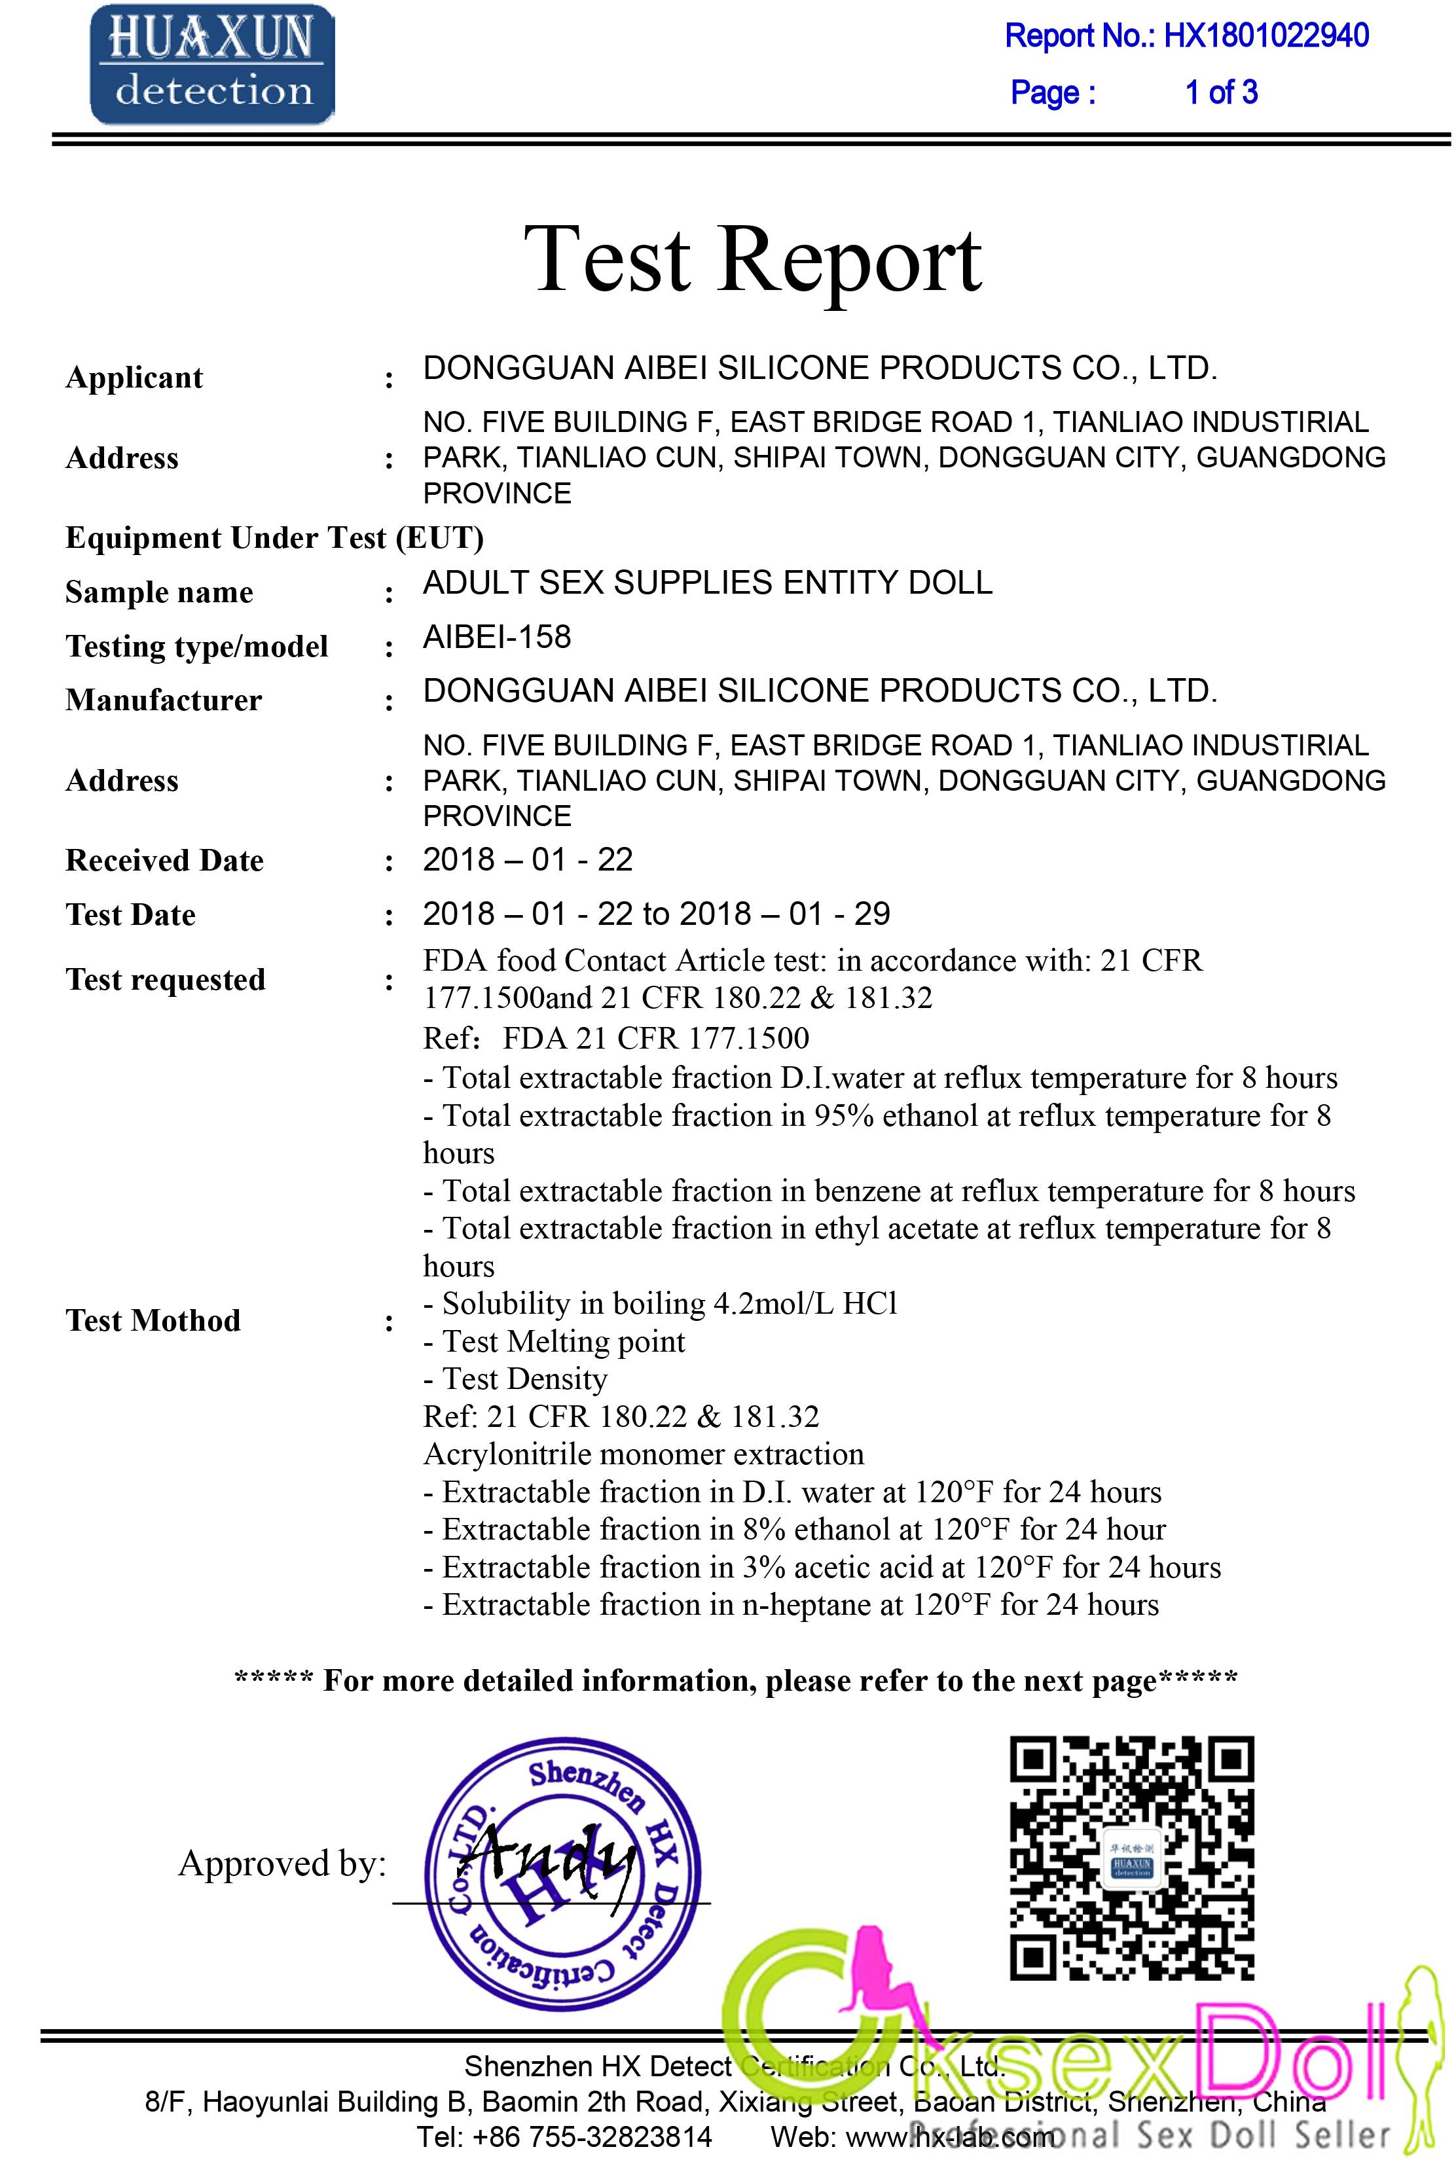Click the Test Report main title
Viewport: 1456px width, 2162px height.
tap(752, 259)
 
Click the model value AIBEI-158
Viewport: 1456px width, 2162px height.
tap(497, 637)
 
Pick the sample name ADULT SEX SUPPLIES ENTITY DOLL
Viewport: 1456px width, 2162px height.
tap(708, 583)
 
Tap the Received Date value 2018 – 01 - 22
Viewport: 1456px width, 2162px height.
tap(528, 859)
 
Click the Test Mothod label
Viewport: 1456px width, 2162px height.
tap(153, 1320)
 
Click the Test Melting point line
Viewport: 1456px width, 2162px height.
tap(555, 1341)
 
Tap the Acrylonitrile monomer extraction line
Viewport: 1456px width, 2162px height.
tap(644, 1454)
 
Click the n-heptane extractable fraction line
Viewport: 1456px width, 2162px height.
tap(791, 1604)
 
